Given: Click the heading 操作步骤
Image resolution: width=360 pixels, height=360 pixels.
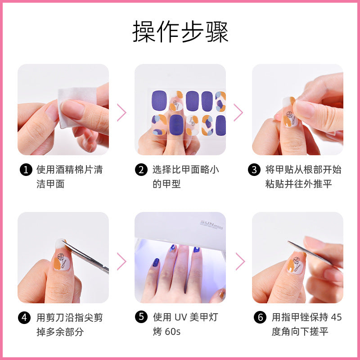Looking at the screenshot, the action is click(x=180, y=31).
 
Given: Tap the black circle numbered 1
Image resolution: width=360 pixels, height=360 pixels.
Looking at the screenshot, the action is click(x=26, y=170).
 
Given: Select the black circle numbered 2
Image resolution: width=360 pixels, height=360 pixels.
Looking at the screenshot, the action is click(x=141, y=170).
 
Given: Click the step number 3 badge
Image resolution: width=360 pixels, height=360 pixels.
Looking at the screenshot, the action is click(x=254, y=170).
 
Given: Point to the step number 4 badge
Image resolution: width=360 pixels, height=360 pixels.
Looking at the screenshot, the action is click(x=24, y=318).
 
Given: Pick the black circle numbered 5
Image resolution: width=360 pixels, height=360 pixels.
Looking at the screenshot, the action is click(x=141, y=317).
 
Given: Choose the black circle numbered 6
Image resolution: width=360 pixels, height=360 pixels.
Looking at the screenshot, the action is click(x=260, y=317).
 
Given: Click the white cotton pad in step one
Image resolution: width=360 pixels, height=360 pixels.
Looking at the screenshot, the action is click(x=76, y=107).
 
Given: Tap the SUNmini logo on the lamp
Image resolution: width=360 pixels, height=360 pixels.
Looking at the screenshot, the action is click(x=211, y=225).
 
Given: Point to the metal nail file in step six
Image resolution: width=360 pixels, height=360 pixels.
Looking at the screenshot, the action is click(x=310, y=253).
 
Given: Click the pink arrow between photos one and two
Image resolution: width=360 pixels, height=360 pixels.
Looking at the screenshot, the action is click(x=121, y=112).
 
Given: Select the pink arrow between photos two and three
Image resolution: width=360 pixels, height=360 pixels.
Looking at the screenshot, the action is click(x=238, y=112).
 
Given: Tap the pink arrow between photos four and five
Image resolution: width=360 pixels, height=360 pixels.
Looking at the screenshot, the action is click(x=121, y=261).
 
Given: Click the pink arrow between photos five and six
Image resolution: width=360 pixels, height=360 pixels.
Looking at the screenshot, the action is click(x=240, y=261).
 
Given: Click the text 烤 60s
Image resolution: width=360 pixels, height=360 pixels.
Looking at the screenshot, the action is click(x=166, y=331).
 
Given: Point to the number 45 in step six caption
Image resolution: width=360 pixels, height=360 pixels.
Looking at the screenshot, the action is click(x=336, y=317).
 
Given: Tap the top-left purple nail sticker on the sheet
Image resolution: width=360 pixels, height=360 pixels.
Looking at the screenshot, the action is click(x=159, y=100).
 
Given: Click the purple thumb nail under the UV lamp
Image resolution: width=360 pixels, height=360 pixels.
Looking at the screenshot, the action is click(x=156, y=262).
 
